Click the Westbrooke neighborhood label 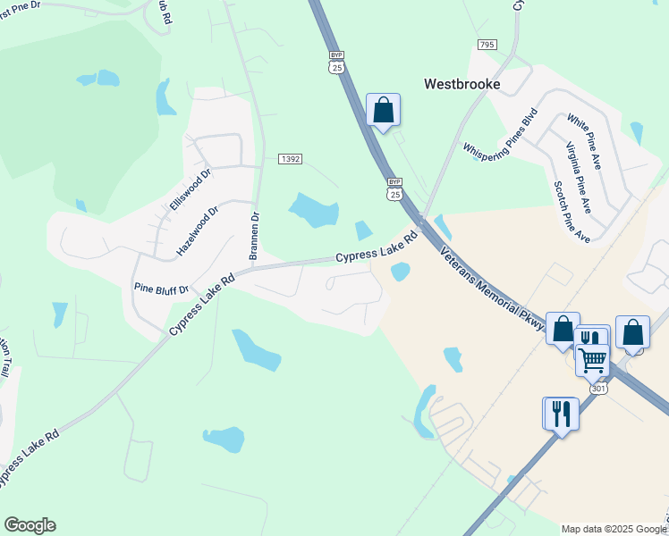click(461, 85)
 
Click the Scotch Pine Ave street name click(572, 212)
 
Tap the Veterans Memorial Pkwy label click(493, 290)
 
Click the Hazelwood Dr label click(198, 231)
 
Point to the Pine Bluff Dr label click(161, 289)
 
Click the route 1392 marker click(290, 158)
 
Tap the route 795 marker click(487, 45)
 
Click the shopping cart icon click(592, 360)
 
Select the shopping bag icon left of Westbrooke click(383, 111)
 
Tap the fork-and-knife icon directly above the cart click(590, 339)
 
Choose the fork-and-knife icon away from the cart click(561, 414)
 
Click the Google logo click(30, 525)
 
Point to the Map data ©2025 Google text click(614, 529)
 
